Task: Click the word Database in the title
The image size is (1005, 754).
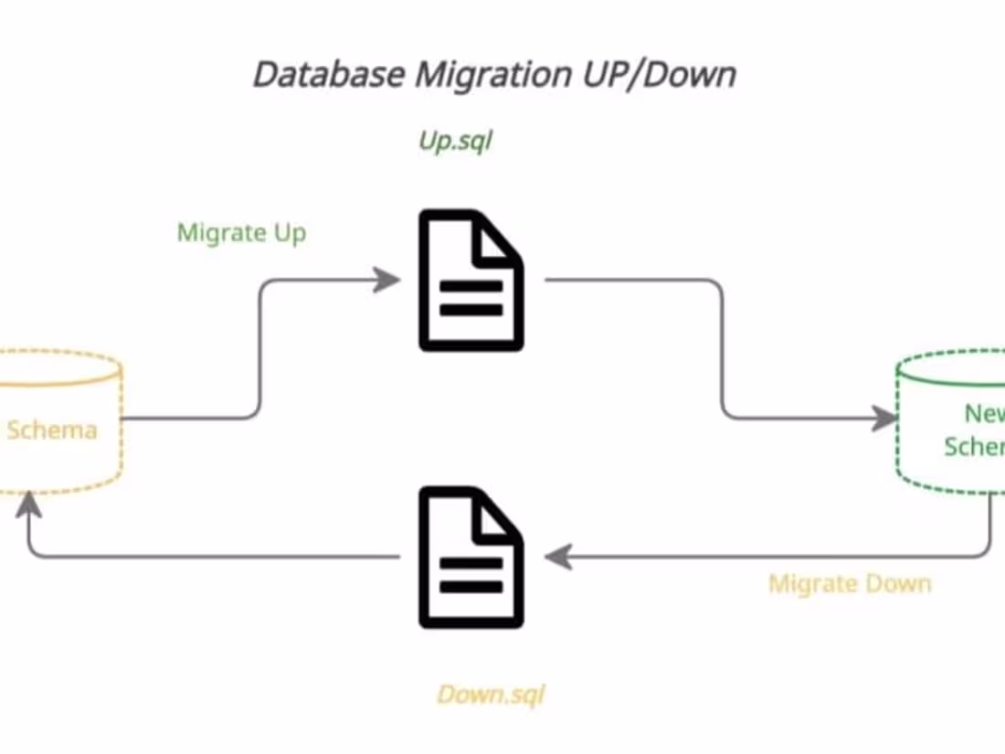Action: point(329,74)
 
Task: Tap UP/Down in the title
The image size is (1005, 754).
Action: point(658,74)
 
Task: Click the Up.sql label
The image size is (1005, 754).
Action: point(455,142)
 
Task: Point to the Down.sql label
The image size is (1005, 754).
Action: point(491,695)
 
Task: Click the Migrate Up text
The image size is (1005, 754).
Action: point(241,232)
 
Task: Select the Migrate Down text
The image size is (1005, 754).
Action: point(850,584)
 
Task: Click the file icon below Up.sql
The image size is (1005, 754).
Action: point(471,280)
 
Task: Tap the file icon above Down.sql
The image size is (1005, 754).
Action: point(471,558)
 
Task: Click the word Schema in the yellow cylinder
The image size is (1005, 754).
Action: point(51,430)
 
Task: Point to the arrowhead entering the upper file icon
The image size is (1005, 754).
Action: point(387,280)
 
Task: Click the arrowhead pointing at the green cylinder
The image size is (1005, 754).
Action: point(884,419)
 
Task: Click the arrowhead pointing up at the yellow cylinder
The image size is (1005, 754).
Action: point(28,504)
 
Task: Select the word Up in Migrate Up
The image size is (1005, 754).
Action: point(289,232)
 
